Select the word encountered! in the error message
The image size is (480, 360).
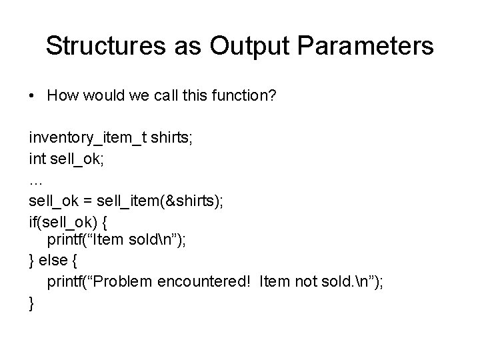pos(204,282)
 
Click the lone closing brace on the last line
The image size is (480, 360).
pos(32,303)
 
